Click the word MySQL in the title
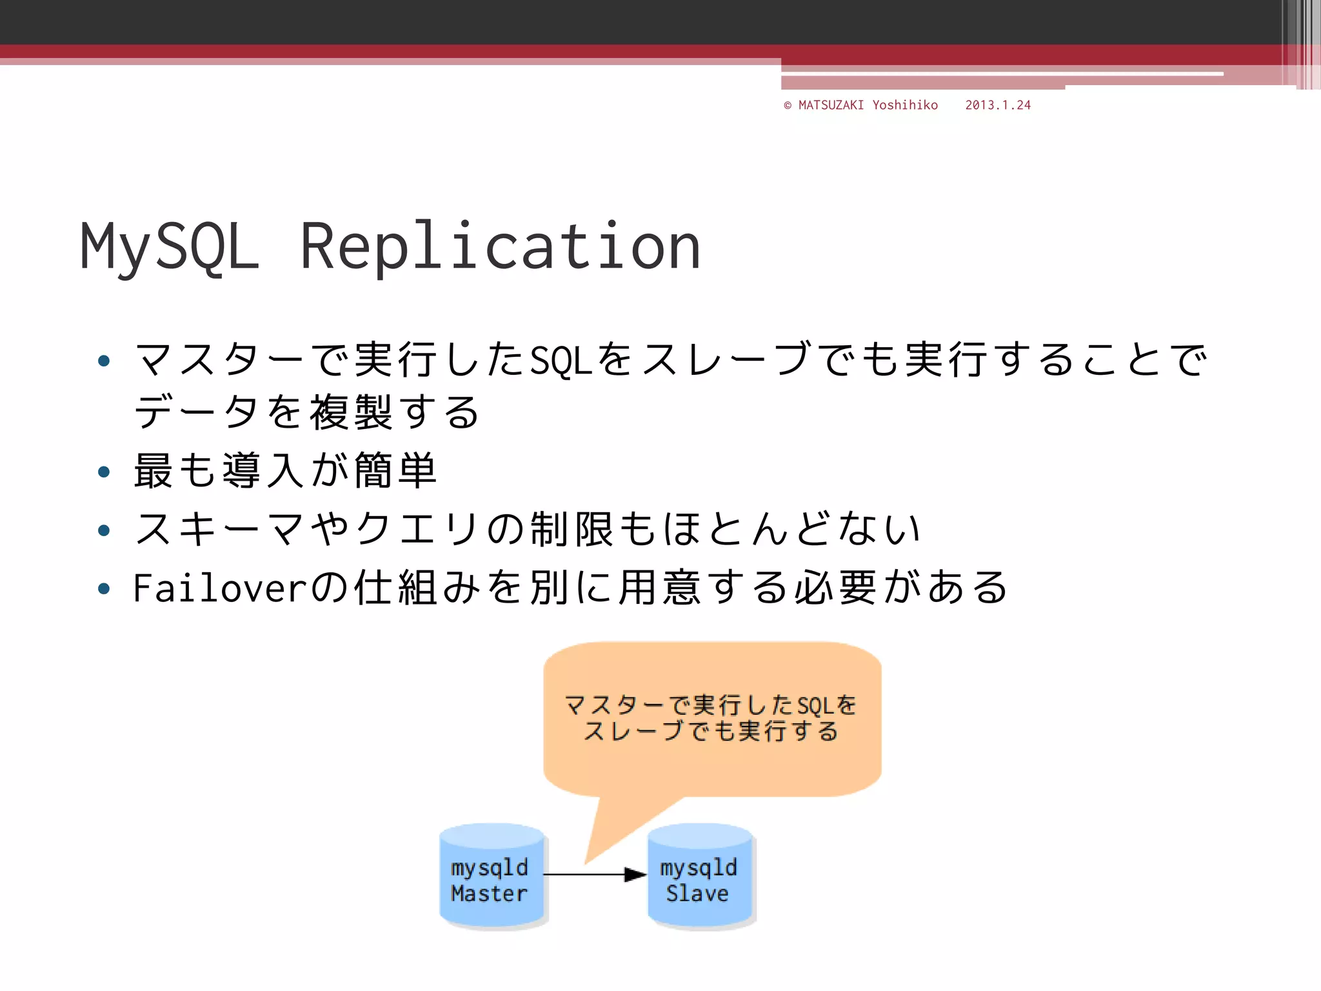169,246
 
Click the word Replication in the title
500,246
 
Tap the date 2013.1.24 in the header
998,105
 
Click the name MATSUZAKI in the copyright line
831,105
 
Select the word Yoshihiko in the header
905,105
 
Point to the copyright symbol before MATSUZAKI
788,106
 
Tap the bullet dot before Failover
104,588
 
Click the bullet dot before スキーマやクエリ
104,530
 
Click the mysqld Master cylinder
492,876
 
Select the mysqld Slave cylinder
700,876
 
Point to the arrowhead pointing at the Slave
635,875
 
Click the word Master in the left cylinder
489,894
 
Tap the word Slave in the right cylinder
697,894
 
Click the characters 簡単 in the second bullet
395,471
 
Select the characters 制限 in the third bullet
571,529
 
